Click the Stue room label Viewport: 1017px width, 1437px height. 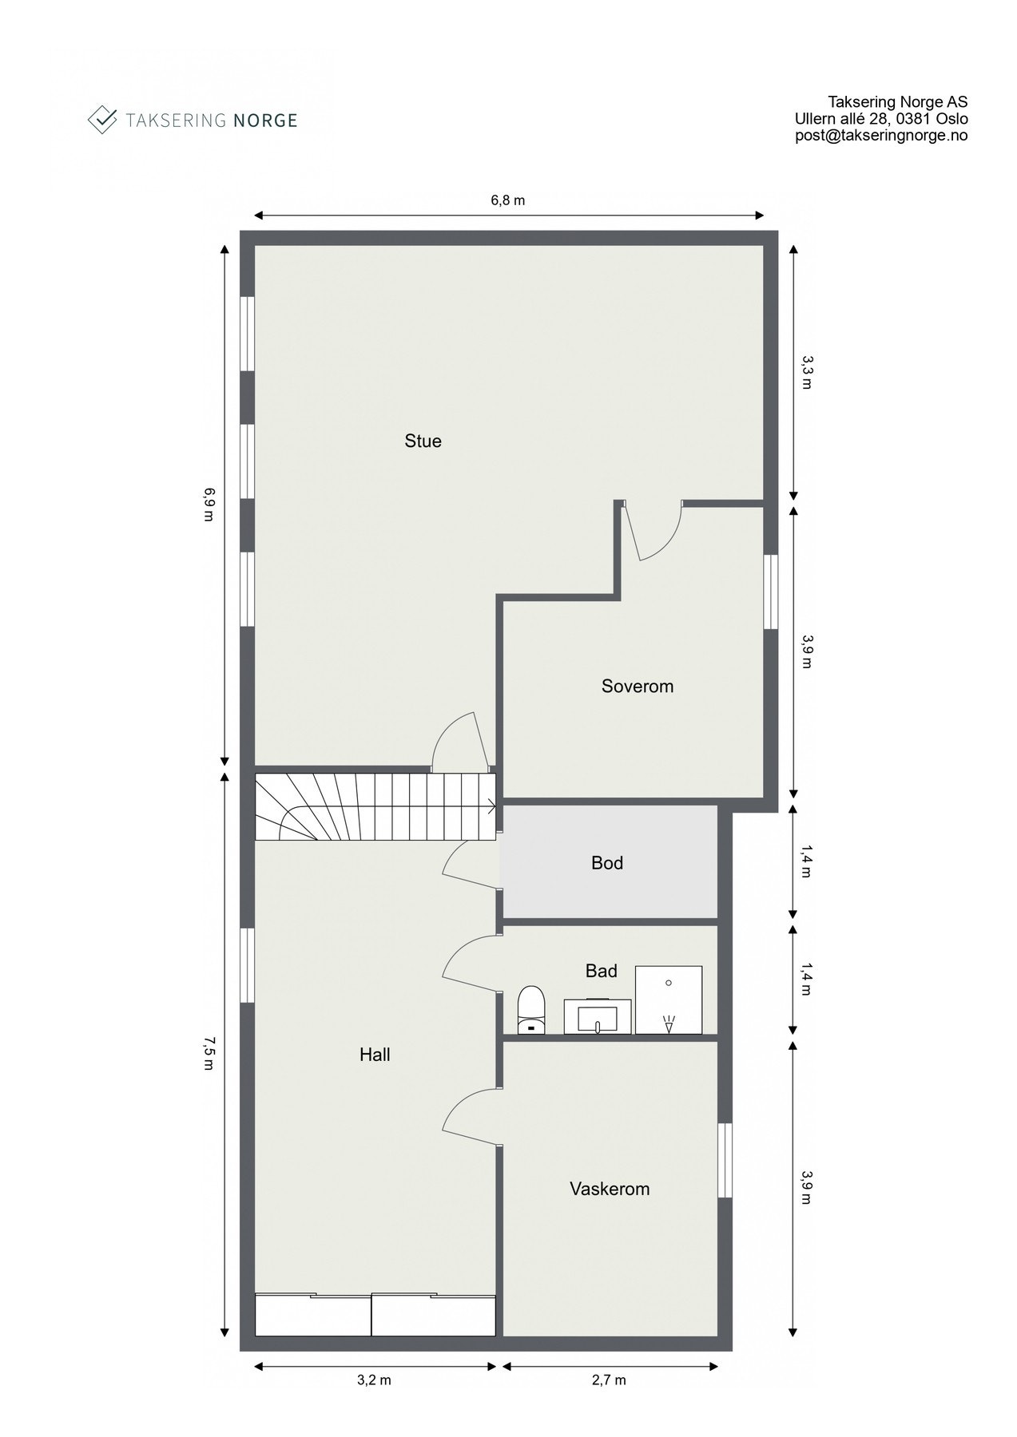tap(423, 441)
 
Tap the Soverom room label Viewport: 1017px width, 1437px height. tap(637, 686)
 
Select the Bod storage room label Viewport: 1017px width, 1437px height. tap(606, 862)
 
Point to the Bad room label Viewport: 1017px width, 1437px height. tap(601, 971)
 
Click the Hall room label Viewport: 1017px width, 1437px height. tap(375, 1055)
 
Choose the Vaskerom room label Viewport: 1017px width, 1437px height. tap(609, 1189)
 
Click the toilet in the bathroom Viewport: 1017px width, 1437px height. tap(531, 1010)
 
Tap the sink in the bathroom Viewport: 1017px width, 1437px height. tap(598, 1015)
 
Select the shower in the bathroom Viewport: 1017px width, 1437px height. tap(669, 1000)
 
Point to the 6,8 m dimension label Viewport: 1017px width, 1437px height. tap(508, 200)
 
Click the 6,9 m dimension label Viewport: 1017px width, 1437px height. tap(209, 504)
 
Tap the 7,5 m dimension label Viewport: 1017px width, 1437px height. tap(209, 1053)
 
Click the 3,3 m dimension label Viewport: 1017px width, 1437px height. tap(807, 372)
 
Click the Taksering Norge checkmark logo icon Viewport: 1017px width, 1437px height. tap(102, 120)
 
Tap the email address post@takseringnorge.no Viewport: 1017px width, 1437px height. tap(881, 136)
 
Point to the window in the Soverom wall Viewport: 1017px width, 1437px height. tap(770, 592)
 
